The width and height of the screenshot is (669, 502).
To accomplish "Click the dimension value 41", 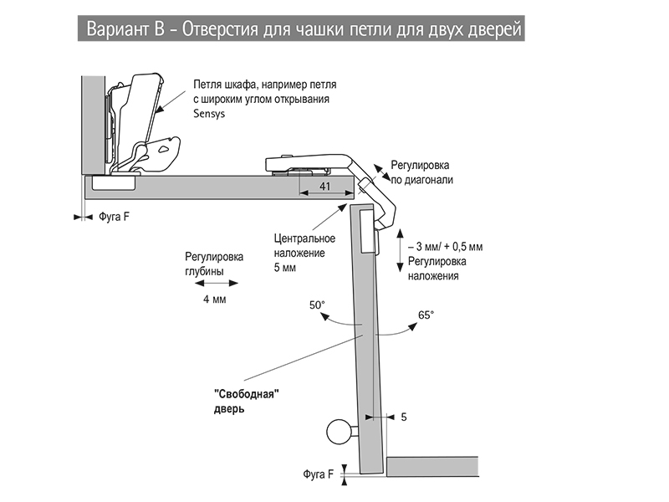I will tap(325, 186).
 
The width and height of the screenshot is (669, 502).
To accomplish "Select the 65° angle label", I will tap(426, 315).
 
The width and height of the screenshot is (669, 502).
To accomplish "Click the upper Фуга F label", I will tap(115, 216).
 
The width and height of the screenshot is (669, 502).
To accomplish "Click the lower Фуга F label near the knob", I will tap(318, 474).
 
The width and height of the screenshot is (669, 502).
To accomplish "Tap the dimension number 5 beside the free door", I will tap(404, 416).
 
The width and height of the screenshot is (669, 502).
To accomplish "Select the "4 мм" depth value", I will tap(214, 299).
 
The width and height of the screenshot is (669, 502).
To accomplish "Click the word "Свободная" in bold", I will tap(245, 394).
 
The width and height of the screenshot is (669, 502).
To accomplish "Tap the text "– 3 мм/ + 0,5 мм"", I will tap(444, 248).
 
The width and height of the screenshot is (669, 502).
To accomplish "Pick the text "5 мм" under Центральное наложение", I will tap(285, 269).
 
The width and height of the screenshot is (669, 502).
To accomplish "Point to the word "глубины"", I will tap(204, 271).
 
